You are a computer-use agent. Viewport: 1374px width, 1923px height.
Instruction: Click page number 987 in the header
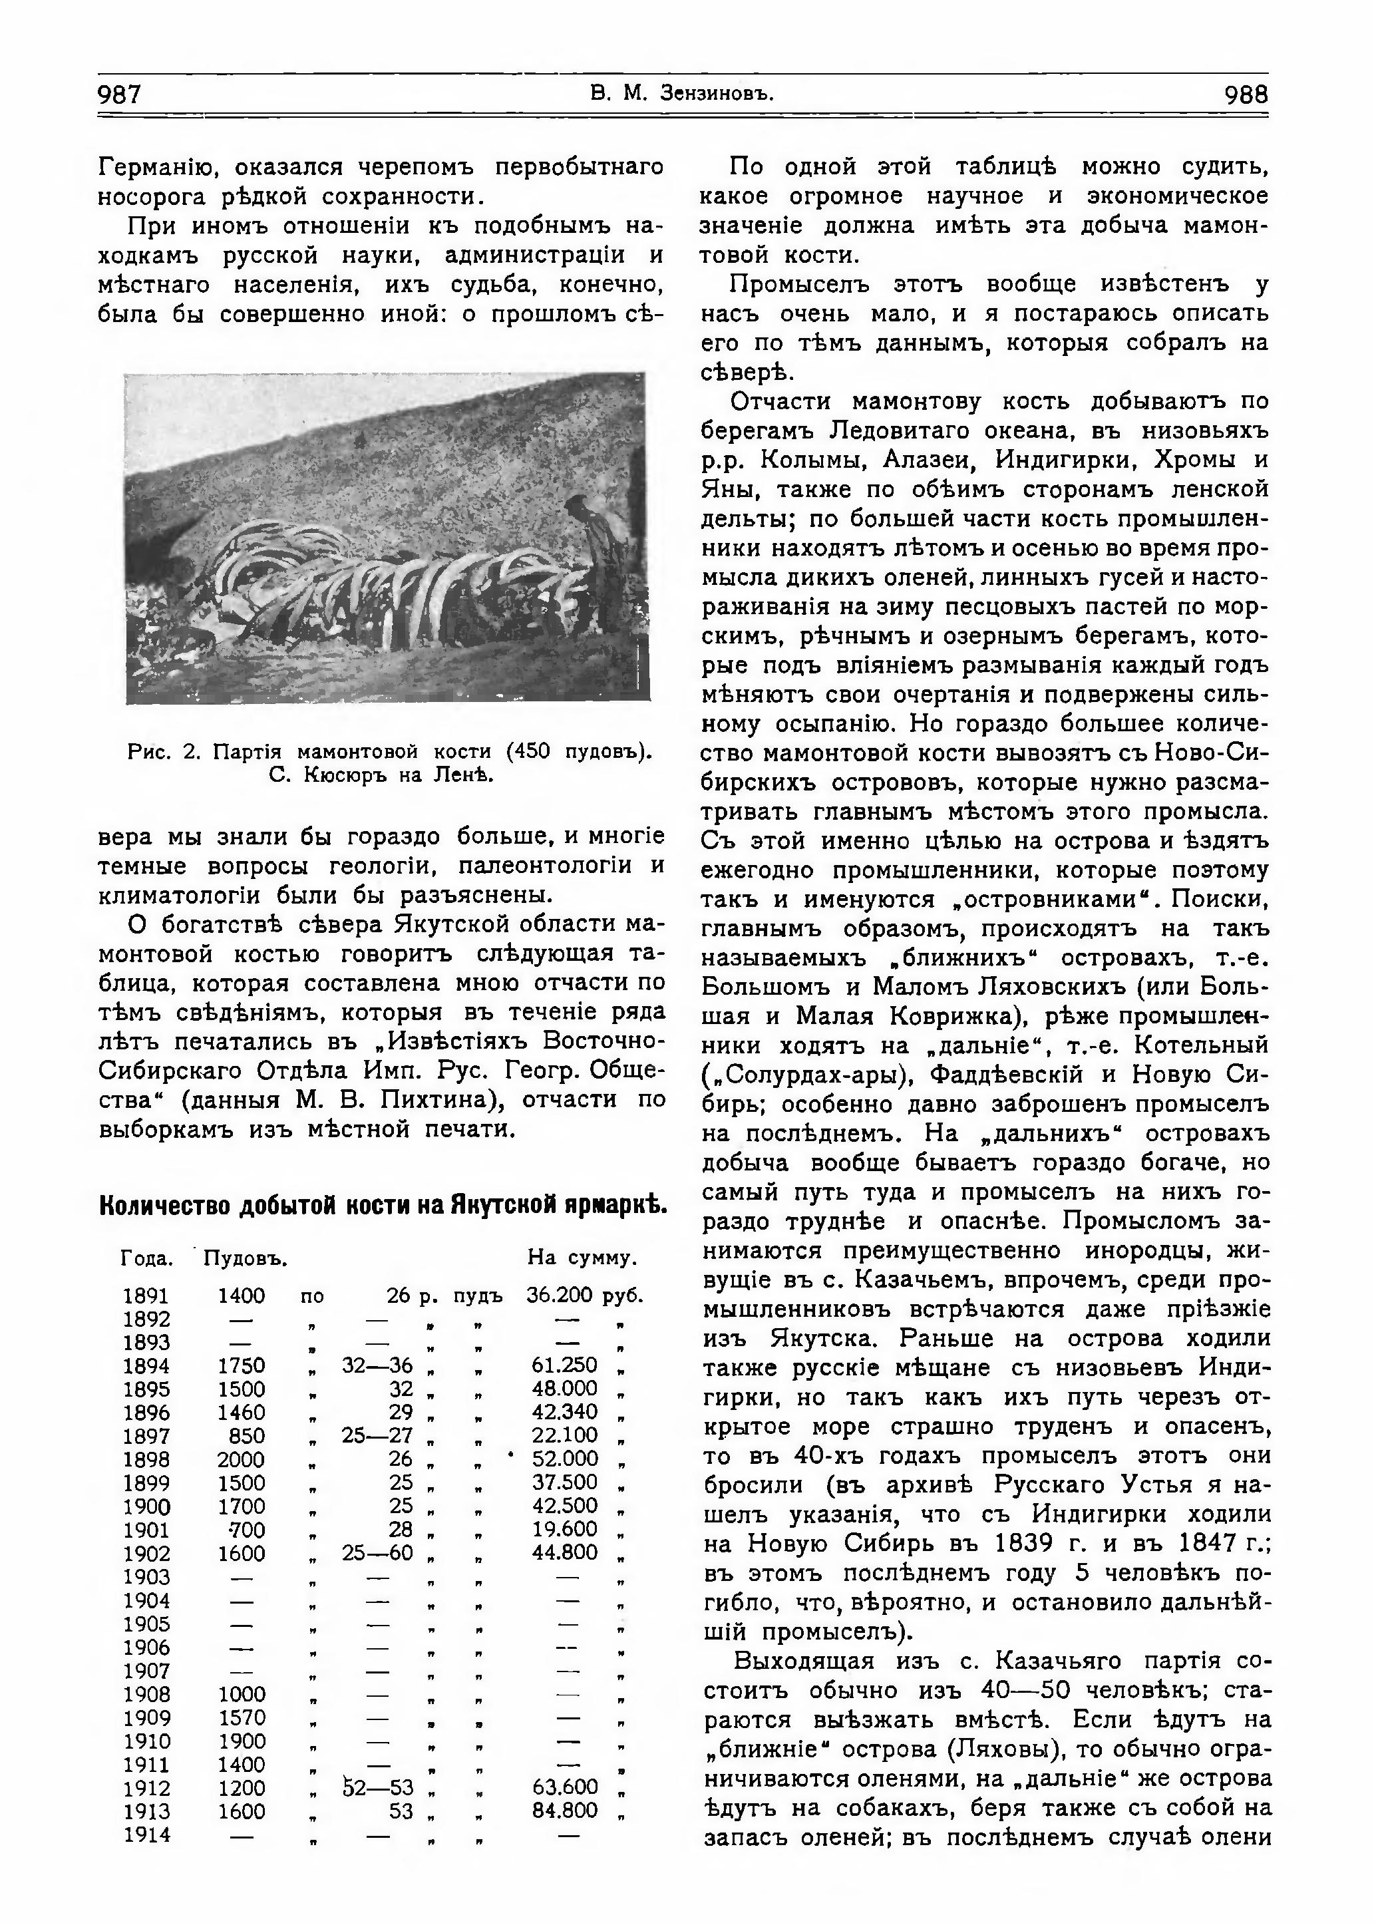click(x=119, y=94)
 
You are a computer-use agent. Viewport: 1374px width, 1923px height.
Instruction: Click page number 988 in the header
click(x=1246, y=94)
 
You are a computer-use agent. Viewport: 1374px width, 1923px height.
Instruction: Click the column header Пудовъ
click(x=246, y=1258)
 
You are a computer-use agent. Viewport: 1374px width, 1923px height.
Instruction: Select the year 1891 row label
click(x=146, y=1296)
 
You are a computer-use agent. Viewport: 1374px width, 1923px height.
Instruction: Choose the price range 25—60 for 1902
click(x=377, y=1553)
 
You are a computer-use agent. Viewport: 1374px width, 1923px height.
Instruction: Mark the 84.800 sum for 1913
click(x=564, y=1811)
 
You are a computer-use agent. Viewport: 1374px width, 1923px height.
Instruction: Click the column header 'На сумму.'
click(x=582, y=1258)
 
